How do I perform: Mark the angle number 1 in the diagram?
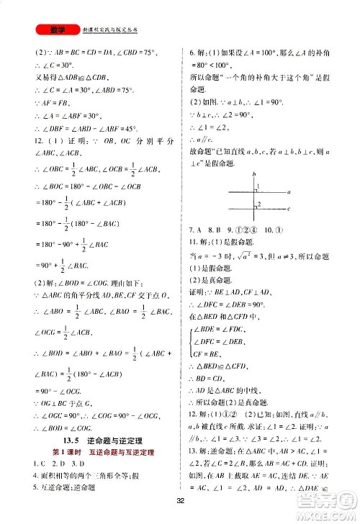point(258,189)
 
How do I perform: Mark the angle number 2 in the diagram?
point(258,205)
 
